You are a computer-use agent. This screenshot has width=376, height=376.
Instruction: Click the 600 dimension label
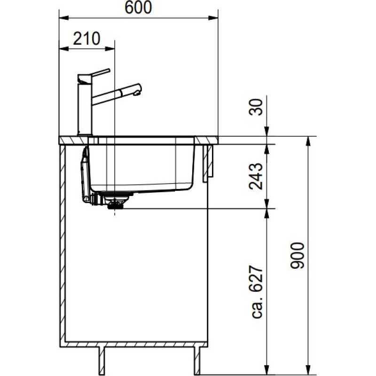coord(139,8)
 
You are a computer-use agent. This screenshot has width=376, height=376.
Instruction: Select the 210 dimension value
coord(87,39)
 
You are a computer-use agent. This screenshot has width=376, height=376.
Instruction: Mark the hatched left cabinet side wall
coord(62,244)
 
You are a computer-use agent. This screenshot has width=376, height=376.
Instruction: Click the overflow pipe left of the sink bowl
coord(85,176)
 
